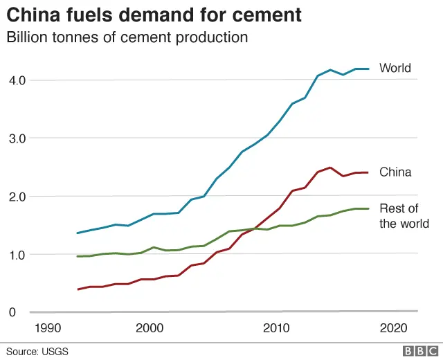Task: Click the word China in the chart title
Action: (32, 14)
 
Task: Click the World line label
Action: (395, 68)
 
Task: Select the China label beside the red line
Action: (395, 172)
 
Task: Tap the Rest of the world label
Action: (404, 216)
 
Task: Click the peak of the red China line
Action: (330, 168)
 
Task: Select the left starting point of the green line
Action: (78, 256)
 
